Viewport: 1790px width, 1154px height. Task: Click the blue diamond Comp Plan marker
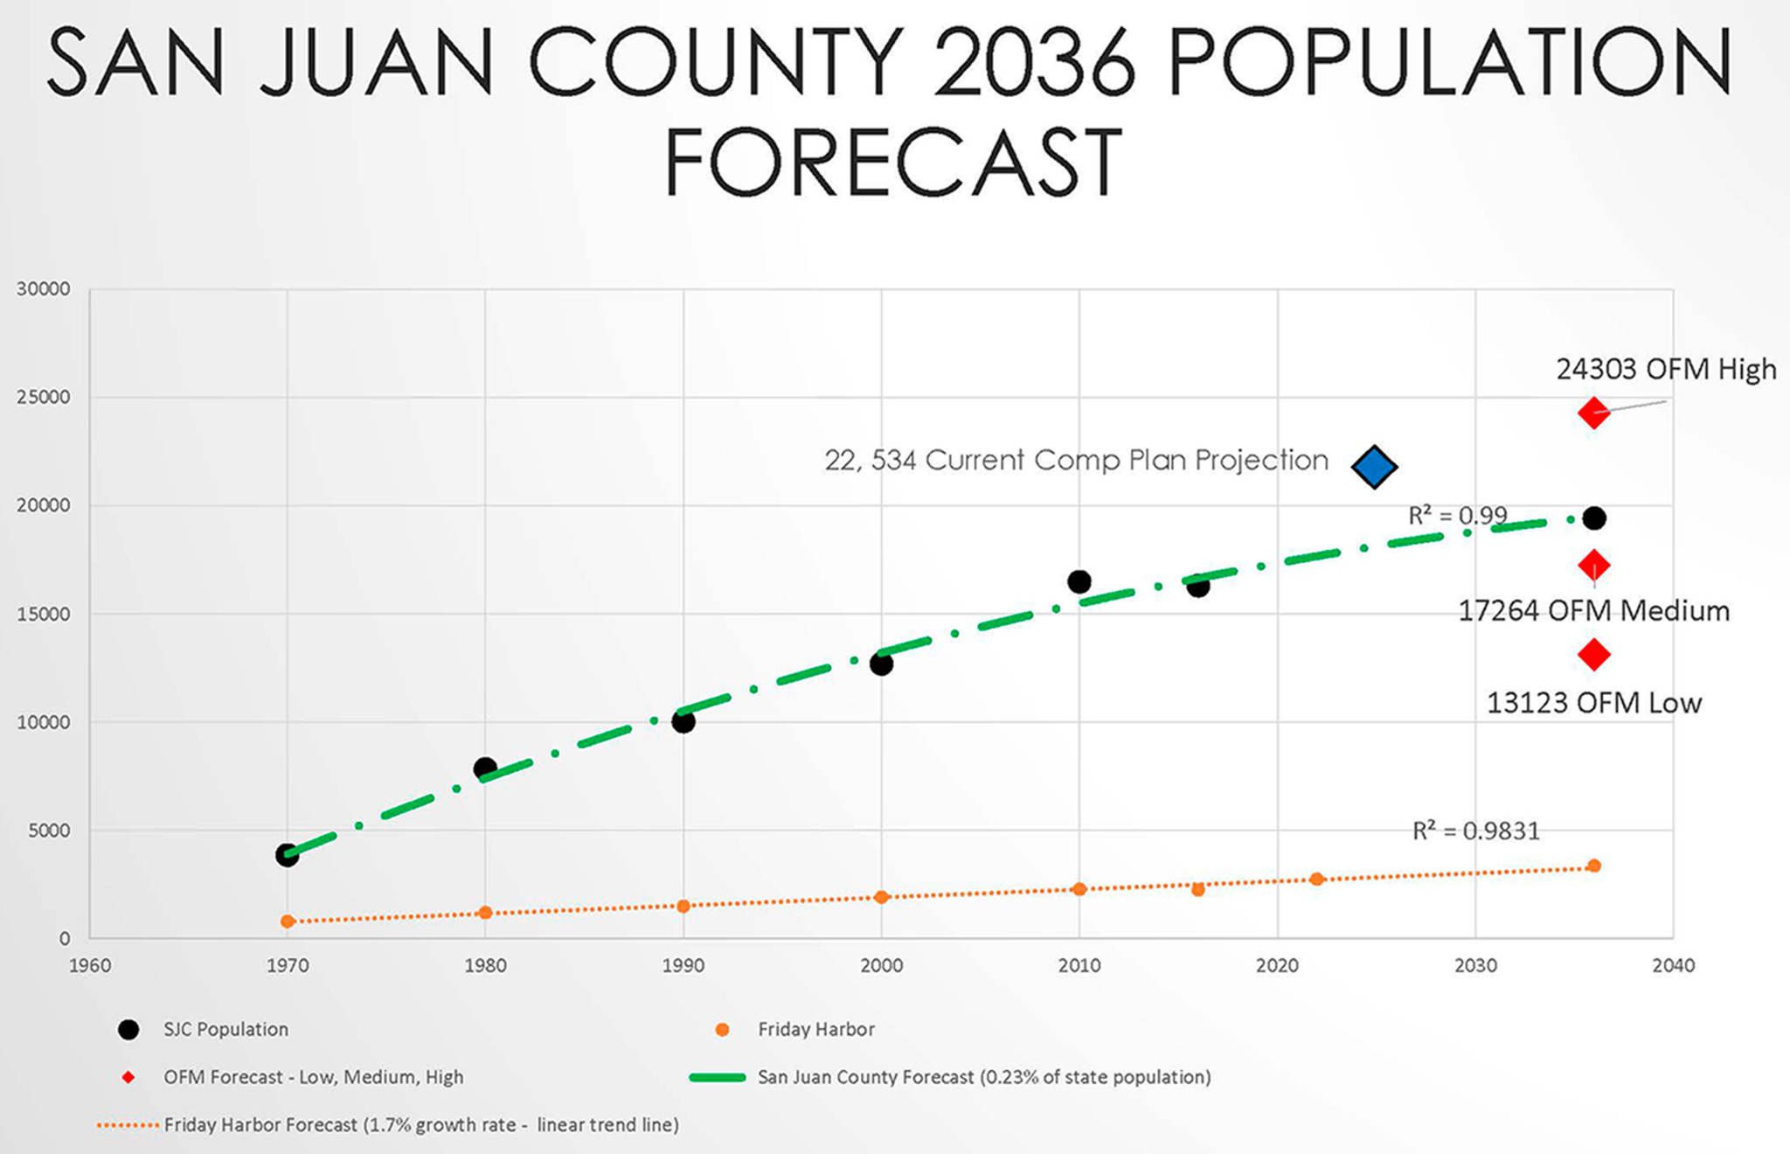pos(1374,466)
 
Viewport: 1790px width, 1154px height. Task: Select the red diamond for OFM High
pos(1593,413)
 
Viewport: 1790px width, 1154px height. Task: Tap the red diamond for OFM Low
pos(1593,654)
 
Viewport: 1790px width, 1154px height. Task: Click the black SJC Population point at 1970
pos(288,855)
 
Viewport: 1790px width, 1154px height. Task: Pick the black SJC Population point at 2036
pos(1594,518)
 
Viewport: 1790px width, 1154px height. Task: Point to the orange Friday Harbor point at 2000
pos(881,897)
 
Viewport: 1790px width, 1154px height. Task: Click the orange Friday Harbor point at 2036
pos(1593,865)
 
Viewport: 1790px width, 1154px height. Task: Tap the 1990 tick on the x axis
pos(683,965)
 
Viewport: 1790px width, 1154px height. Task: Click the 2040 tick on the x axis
pos(1673,965)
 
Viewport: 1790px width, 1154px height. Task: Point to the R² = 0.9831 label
pos(1475,831)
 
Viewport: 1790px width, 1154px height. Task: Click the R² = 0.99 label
pos(1457,516)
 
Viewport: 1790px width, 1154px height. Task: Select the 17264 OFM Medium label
pos(1592,610)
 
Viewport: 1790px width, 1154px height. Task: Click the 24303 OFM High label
pos(1666,369)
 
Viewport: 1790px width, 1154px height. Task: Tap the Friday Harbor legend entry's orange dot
pos(722,1030)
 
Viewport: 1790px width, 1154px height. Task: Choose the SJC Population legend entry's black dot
pos(128,1030)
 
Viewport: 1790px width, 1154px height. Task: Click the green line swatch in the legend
pos(717,1077)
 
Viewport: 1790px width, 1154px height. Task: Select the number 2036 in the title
pos(1035,63)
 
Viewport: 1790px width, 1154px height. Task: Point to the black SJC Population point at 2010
pos(1079,581)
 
